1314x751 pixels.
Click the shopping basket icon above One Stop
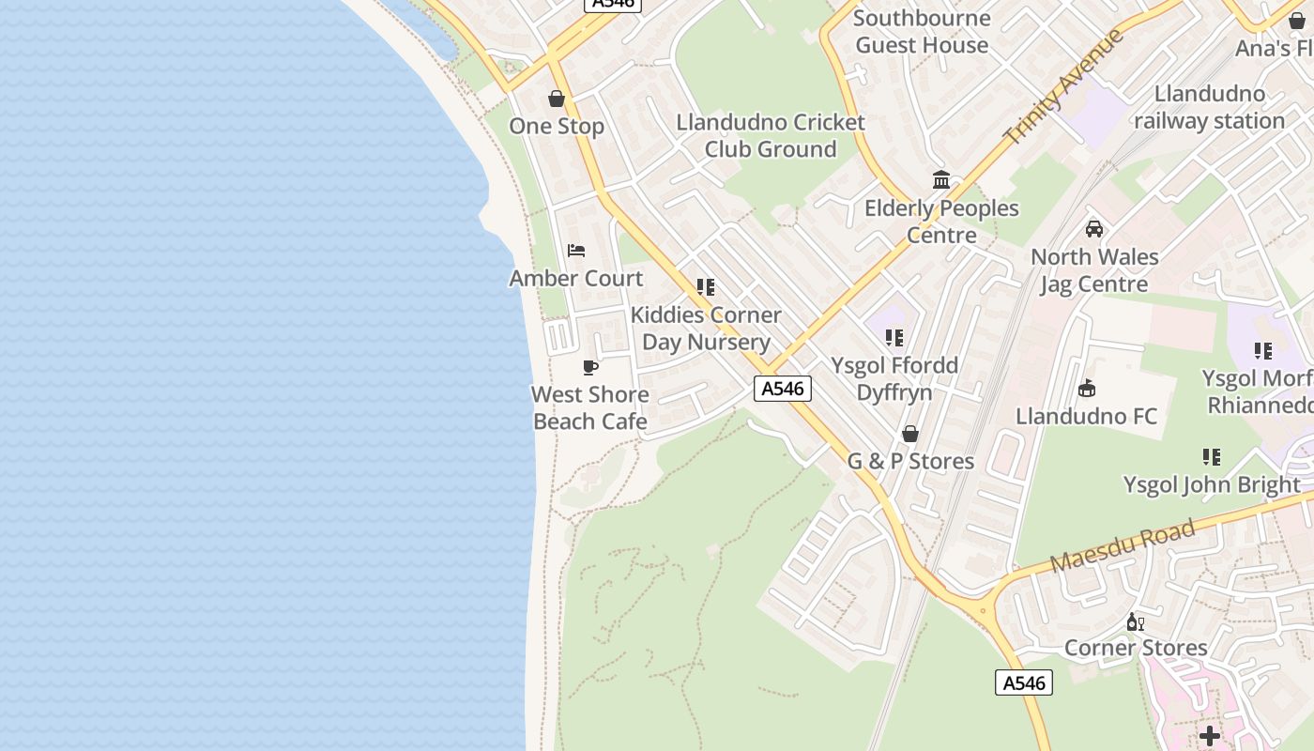tap(557, 99)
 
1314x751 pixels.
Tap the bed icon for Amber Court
tap(576, 251)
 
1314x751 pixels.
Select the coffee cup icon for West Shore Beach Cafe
tap(590, 367)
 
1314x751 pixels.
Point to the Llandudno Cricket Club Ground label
tap(771, 135)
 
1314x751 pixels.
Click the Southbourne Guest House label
tap(922, 31)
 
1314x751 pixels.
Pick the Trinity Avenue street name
tap(1063, 86)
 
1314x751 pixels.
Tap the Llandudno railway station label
tap(1209, 107)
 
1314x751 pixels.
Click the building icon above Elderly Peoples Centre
tap(941, 180)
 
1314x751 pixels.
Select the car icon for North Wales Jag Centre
tap(1093, 229)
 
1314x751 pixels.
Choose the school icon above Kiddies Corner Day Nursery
tap(706, 287)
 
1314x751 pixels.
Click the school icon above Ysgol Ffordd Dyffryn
tap(894, 338)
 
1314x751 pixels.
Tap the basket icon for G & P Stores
tap(910, 434)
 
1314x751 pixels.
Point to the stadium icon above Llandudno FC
tap(1087, 388)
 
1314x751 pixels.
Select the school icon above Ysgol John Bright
tap(1212, 457)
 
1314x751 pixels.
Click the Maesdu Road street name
tap(1123, 545)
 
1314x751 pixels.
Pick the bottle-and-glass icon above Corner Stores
tap(1136, 621)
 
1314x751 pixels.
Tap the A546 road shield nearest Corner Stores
tap(1024, 682)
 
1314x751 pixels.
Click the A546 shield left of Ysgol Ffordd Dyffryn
tap(783, 389)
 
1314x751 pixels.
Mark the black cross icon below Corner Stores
tap(1210, 735)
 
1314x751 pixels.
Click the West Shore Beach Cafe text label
tap(590, 407)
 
